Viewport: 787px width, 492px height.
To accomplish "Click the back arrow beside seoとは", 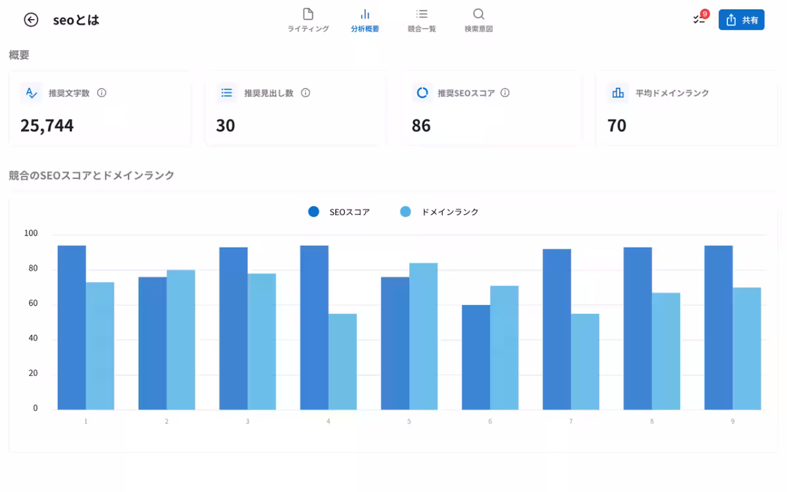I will (x=31, y=20).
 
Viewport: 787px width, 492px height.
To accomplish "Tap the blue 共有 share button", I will (x=741, y=20).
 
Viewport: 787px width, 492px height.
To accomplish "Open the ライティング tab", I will (x=308, y=20).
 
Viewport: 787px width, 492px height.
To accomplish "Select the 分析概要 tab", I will (x=365, y=20).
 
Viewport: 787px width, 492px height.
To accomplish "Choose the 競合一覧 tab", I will (x=422, y=20).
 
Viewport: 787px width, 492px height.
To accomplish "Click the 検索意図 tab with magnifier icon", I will (x=478, y=20).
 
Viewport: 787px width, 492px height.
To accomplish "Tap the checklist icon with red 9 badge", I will (x=699, y=19).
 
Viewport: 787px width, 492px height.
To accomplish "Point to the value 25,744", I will (x=47, y=125).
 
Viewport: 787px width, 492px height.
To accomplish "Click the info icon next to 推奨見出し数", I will (x=306, y=93).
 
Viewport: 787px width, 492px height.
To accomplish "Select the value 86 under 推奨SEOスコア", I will (x=421, y=125).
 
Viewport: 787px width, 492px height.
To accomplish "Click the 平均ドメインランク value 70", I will (x=616, y=125).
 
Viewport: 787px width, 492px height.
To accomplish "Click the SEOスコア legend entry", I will (x=339, y=212).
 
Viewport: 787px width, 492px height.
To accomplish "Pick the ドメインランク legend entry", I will (x=439, y=212).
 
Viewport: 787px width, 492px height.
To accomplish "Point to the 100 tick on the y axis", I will (x=31, y=234).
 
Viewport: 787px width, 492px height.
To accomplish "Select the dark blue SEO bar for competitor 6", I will (x=475, y=358).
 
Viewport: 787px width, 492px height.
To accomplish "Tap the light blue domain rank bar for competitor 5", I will (x=424, y=337).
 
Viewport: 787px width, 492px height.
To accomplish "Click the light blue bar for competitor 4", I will (x=342, y=361).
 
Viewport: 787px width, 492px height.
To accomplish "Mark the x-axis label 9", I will (x=733, y=421).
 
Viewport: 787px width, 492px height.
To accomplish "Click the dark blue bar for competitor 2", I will (x=152, y=343).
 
